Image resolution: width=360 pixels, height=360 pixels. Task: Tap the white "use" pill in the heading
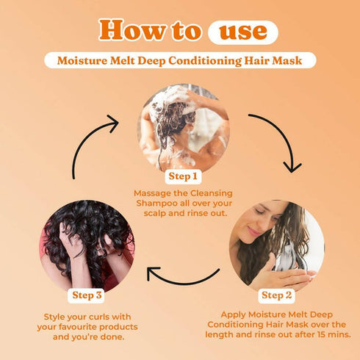(243, 32)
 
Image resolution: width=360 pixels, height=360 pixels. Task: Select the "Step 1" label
(183, 176)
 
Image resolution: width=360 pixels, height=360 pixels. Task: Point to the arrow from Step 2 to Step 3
(184, 274)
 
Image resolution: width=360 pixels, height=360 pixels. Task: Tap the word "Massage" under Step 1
(155, 192)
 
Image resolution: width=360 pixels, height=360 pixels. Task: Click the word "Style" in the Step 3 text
(55, 316)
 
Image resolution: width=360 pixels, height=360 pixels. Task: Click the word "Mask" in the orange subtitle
(292, 60)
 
